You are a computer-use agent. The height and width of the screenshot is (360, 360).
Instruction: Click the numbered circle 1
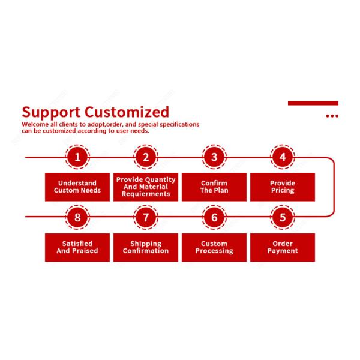click(x=77, y=158)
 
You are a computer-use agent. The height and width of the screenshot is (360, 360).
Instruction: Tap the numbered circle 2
click(x=146, y=158)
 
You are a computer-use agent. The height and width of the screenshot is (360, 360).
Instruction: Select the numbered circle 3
click(x=214, y=158)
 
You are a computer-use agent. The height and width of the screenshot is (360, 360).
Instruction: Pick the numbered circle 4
click(x=283, y=158)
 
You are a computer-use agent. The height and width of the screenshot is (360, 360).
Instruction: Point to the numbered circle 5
click(x=283, y=217)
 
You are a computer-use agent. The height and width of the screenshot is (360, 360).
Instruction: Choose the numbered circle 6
click(x=214, y=217)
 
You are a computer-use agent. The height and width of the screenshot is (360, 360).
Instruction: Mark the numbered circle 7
click(x=146, y=217)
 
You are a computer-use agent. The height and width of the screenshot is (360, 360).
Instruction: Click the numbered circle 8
click(x=77, y=217)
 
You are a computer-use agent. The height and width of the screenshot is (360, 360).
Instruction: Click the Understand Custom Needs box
click(x=77, y=187)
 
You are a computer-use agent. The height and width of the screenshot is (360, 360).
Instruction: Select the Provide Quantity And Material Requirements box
click(x=146, y=187)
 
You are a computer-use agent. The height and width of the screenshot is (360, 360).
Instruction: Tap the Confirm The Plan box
click(x=214, y=187)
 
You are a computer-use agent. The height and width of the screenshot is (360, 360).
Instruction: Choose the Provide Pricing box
click(x=283, y=187)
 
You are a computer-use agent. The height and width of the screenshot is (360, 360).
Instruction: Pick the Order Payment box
click(x=283, y=247)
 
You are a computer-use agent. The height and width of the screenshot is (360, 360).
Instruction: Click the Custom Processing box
click(x=214, y=247)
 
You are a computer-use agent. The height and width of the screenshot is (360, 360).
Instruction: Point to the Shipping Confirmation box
click(x=146, y=247)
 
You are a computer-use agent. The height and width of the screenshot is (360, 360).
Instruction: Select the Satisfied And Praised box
click(x=77, y=247)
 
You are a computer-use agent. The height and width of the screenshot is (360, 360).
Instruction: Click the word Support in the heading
click(x=51, y=112)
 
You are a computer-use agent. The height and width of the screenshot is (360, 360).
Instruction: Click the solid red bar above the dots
click(x=313, y=103)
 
